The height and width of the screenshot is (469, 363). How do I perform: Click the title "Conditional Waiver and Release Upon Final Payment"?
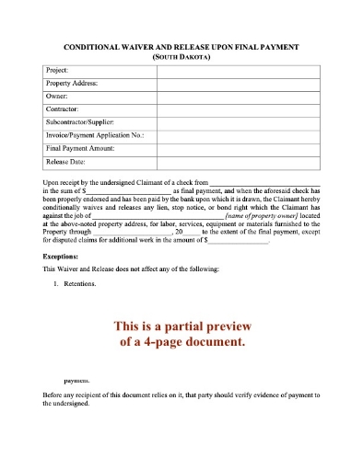click(181, 46)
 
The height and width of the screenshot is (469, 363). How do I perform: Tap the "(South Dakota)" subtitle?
click(181, 56)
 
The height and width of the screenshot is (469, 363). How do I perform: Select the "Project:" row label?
click(57, 69)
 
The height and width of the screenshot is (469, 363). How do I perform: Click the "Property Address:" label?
click(72, 82)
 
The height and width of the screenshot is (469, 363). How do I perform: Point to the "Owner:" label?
click(57, 95)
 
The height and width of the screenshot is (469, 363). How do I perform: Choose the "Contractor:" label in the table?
click(63, 108)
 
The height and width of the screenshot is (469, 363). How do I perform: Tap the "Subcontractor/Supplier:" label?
click(81, 121)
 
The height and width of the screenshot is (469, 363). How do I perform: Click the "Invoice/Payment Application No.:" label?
click(95, 134)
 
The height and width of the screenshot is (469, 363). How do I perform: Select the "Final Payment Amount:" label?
click(82, 147)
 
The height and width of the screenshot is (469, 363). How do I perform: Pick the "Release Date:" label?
click(65, 160)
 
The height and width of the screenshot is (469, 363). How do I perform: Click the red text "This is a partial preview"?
click(181, 326)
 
